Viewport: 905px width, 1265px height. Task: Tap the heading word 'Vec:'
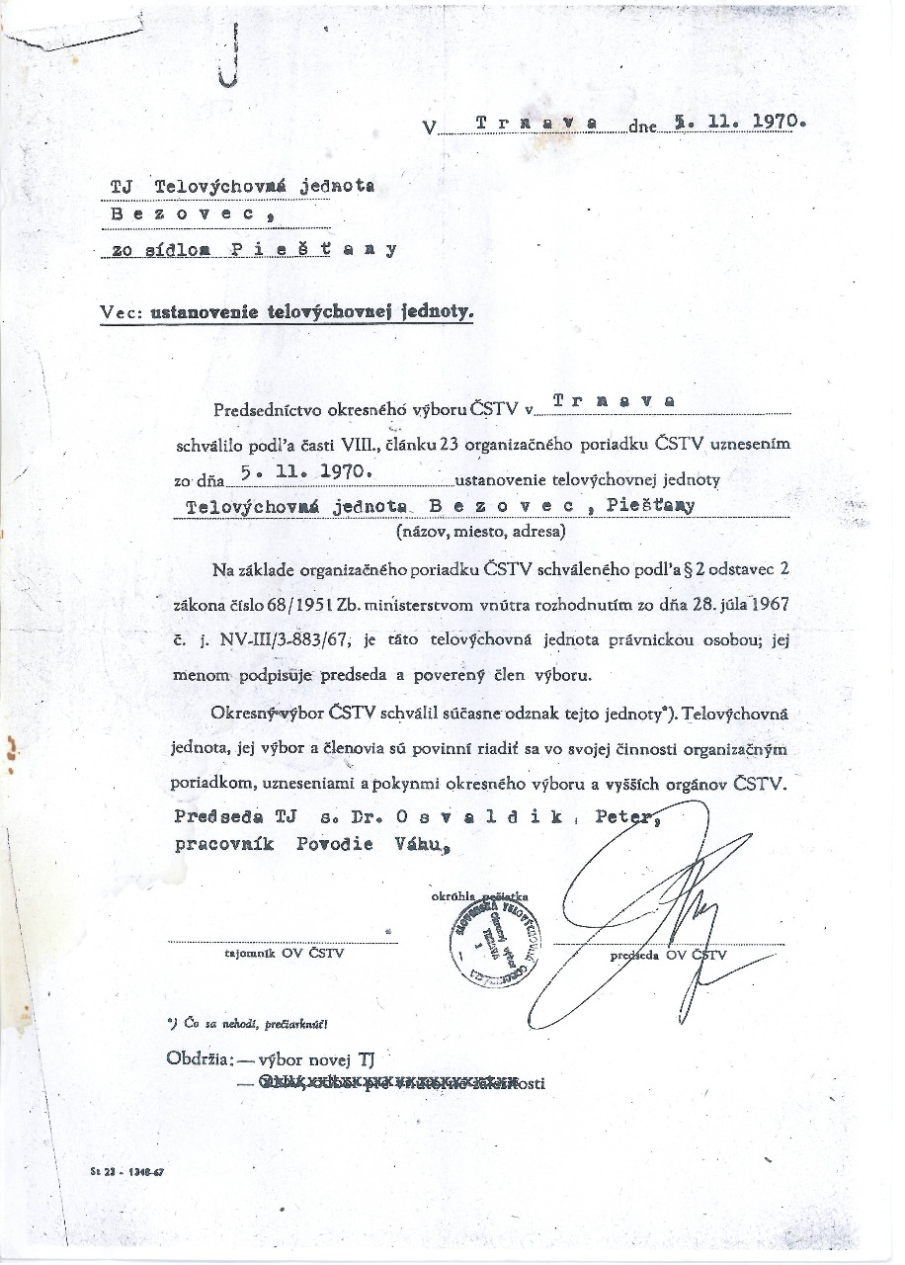(x=123, y=312)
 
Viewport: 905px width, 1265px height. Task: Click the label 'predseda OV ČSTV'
(x=668, y=955)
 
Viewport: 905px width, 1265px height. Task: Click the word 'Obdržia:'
(x=202, y=1059)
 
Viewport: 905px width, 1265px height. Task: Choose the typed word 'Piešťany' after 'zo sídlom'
(x=315, y=249)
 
